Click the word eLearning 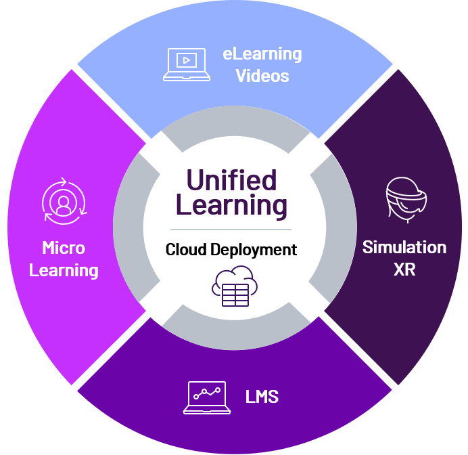(262, 53)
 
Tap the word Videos (262, 75)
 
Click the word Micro (64, 248)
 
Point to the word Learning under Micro (64, 270)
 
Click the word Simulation (404, 247)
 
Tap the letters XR (404, 269)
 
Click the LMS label (262, 396)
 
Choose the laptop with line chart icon (207, 397)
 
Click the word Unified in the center (231, 181)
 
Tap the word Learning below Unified (231, 204)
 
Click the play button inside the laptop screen (185, 60)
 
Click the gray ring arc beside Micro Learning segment (128, 227)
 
